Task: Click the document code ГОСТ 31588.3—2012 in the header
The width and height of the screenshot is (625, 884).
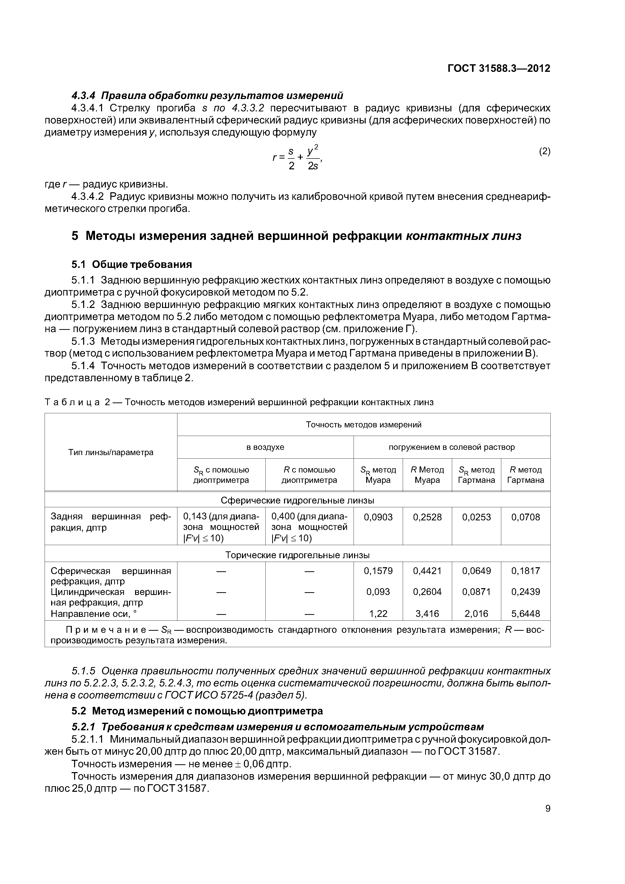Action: [499, 69]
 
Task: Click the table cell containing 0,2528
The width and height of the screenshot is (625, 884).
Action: [427, 517]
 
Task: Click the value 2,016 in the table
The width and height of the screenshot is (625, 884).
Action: [476, 614]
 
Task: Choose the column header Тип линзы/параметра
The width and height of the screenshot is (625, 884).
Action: [111, 452]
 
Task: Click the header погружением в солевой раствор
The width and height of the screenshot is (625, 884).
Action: [451, 447]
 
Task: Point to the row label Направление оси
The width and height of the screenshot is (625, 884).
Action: [93, 614]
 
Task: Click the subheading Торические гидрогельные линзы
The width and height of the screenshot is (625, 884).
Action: [297, 555]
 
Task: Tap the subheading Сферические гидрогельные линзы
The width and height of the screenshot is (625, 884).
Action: [297, 500]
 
